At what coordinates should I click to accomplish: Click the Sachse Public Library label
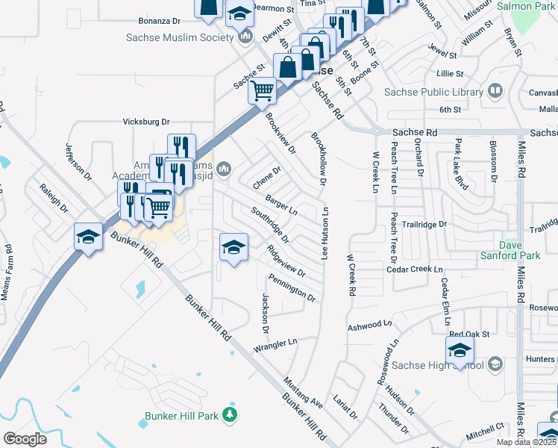[433, 92]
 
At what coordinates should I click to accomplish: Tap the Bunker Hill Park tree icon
[231, 414]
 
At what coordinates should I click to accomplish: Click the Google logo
[25, 438]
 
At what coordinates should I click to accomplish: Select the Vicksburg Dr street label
[146, 122]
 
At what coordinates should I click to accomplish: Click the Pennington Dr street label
[293, 291]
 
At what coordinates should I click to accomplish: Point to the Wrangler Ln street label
[275, 345]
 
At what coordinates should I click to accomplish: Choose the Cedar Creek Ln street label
[416, 269]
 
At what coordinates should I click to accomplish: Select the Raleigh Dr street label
[54, 198]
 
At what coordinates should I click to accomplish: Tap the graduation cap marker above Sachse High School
[460, 349]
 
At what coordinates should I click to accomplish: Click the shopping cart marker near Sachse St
[263, 92]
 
